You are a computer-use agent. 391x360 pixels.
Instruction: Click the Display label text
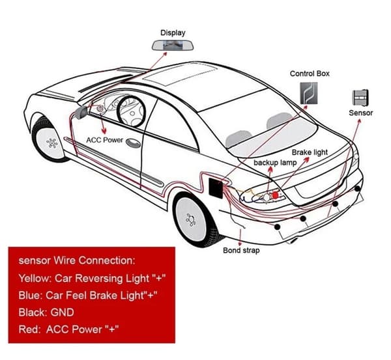[173, 33]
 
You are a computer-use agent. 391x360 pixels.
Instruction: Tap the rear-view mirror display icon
[173, 45]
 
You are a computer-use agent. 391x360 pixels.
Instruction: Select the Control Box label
[310, 74]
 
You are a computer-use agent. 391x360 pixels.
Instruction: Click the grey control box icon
[309, 93]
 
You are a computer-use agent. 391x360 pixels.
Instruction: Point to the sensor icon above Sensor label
[360, 98]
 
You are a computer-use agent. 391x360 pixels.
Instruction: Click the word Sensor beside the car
[360, 113]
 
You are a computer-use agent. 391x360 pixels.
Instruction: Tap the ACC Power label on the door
[104, 140]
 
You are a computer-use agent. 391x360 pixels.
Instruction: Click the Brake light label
[310, 152]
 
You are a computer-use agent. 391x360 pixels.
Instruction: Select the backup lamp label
[275, 163]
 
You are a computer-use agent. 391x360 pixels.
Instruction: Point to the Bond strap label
[241, 250]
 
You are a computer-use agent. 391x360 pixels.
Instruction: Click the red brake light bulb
[275, 195]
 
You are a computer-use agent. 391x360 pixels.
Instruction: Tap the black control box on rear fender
[216, 188]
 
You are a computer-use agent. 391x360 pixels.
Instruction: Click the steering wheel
[132, 111]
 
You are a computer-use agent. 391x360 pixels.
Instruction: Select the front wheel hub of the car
[52, 143]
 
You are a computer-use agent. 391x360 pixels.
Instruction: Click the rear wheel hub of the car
[191, 220]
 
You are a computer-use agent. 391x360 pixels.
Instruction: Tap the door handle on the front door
[134, 143]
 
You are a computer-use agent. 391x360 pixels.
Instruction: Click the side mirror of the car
[81, 113]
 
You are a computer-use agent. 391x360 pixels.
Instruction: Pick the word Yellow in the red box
[35, 278]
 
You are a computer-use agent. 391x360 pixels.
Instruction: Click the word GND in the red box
[62, 312]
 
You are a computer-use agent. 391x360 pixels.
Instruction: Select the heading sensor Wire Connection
[77, 260]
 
